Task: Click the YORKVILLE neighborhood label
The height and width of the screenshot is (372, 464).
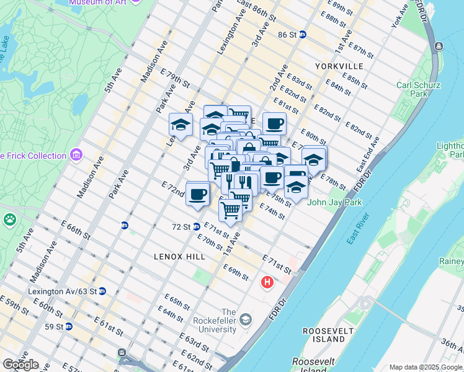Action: [x=339, y=66]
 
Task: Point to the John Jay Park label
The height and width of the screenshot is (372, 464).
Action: [x=331, y=201]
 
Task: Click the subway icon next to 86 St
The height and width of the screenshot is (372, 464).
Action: [x=303, y=35]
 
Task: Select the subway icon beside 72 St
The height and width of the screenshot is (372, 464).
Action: [x=197, y=227]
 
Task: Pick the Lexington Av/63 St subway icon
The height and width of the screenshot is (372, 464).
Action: [x=102, y=291]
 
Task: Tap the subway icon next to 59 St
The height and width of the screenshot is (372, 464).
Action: [x=69, y=326]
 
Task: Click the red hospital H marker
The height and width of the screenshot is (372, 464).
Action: [x=267, y=282]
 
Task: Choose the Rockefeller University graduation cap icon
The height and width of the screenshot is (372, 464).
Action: [x=246, y=319]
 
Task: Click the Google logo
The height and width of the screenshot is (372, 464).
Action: [x=20, y=365]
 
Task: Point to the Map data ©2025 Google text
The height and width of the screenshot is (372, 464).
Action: [x=426, y=367]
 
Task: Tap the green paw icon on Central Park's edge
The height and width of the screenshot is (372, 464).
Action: [x=10, y=219]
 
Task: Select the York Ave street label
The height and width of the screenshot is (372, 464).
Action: [x=400, y=15]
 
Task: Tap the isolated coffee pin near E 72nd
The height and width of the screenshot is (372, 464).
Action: [x=197, y=194]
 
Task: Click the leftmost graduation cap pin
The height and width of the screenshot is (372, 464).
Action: [x=181, y=125]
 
